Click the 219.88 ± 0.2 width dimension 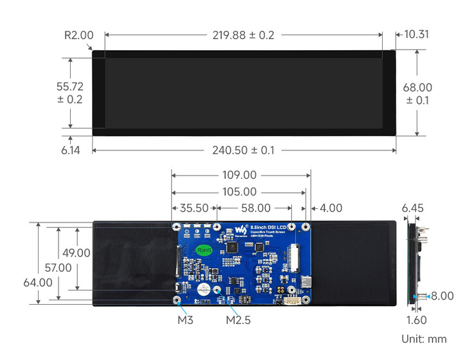(x=243, y=35)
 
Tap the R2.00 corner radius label (x=78, y=35)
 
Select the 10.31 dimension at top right (x=416, y=35)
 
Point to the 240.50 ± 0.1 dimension (x=243, y=150)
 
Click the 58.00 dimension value (x=255, y=208)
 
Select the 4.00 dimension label (x=331, y=208)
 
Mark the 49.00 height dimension (x=75, y=253)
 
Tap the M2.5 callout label (x=238, y=319)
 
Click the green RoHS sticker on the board (x=204, y=249)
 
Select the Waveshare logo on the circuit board (x=240, y=229)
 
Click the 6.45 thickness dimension (x=413, y=208)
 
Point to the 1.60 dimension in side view (x=417, y=319)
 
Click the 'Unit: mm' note (x=423, y=339)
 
